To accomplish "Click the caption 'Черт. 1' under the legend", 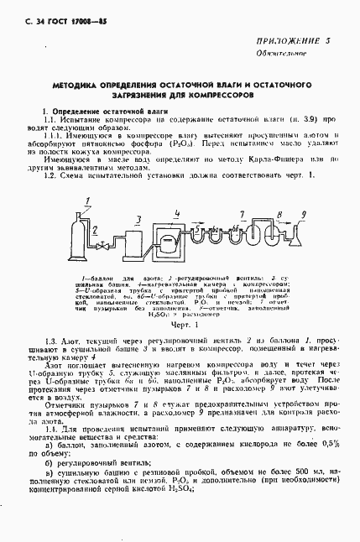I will point(181,323).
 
